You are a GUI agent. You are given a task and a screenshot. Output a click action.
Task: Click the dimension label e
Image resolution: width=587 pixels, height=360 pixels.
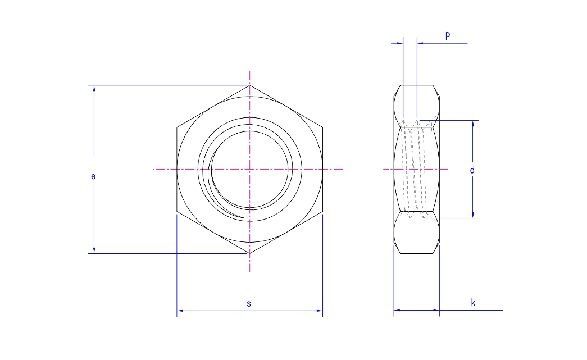tap(93, 176)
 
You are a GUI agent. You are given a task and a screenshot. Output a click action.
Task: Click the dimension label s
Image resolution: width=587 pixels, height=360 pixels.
tap(249, 303)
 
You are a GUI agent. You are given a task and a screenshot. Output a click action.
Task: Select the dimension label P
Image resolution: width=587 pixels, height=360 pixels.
tap(448, 35)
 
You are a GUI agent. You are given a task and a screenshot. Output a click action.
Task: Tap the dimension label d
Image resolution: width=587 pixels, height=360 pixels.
tap(472, 170)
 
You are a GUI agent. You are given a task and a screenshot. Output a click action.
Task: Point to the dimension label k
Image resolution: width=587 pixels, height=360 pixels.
tap(473, 303)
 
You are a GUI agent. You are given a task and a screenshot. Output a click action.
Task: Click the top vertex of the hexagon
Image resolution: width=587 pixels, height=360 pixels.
tap(249, 85)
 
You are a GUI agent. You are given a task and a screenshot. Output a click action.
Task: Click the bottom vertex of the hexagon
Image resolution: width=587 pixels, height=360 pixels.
tap(249, 253)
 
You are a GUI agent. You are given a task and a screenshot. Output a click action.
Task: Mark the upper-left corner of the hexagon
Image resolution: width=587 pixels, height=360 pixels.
tap(177, 127)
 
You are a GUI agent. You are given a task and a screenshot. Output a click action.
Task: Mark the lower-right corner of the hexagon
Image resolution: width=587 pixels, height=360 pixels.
tap(322, 212)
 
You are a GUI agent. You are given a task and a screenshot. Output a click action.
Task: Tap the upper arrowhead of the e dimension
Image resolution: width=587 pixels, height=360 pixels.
tap(94, 88)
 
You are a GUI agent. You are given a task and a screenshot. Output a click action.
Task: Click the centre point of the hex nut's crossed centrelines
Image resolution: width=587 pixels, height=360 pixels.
tap(249, 169)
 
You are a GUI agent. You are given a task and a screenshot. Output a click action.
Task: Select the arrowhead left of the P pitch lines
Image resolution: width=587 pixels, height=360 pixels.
tap(400, 43)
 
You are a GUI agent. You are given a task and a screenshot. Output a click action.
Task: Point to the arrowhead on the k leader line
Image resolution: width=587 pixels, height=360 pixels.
tap(436, 310)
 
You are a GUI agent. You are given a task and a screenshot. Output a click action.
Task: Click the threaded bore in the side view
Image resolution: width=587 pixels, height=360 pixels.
tap(416, 169)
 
